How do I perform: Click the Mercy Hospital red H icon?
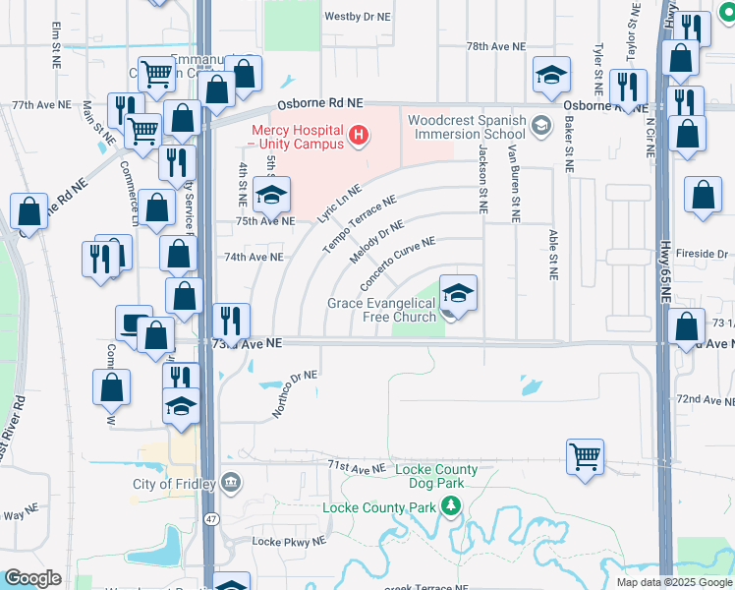coord(360,133)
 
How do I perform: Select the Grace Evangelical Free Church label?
coord(381,310)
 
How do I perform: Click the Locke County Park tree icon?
coord(451,506)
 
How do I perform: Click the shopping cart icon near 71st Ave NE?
coord(585,455)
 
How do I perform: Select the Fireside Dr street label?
coord(700,254)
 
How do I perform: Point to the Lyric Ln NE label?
coord(339,205)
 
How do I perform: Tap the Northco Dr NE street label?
coord(295,393)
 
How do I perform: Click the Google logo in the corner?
coord(32,578)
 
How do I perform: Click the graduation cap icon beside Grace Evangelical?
coord(458,294)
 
